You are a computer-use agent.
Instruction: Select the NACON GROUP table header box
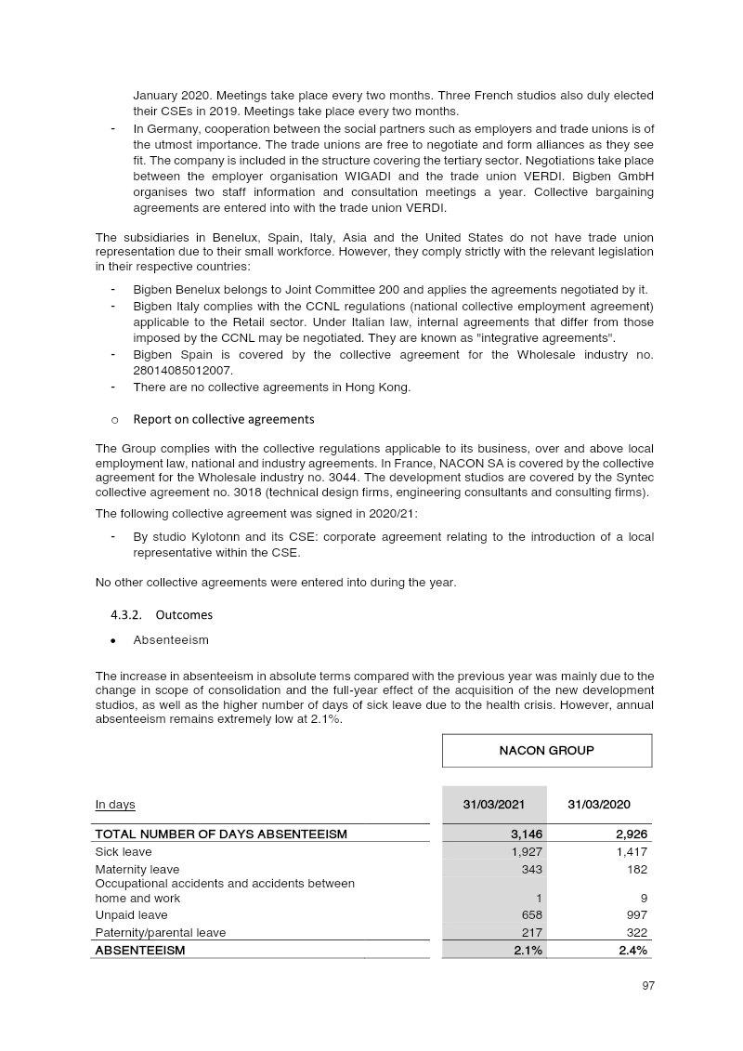(547, 750)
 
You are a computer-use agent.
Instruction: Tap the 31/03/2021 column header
(492, 804)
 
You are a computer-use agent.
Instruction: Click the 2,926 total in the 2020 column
(629, 834)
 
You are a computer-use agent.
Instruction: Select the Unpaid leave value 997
(633, 915)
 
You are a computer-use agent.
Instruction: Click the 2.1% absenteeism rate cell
(527, 950)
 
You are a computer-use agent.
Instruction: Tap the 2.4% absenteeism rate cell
(631, 950)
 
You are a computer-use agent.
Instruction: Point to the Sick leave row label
(124, 851)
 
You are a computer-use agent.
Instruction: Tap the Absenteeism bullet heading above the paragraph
(171, 640)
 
